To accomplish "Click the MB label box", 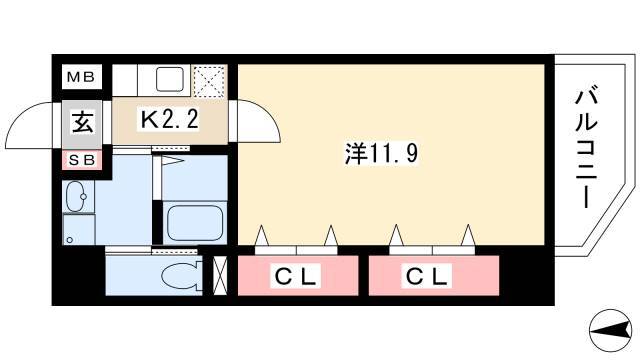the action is [x=81, y=77].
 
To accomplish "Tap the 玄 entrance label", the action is [x=82, y=122].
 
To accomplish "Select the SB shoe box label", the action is [x=82, y=160].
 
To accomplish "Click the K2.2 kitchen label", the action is [x=169, y=120].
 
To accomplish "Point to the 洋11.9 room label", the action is [x=382, y=154].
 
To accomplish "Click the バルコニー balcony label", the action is [x=586, y=149].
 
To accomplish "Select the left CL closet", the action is [x=298, y=276].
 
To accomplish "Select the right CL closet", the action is [x=434, y=276].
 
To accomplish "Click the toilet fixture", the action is [x=181, y=276].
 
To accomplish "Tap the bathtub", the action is [x=195, y=222].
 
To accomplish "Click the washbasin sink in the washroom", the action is [x=76, y=197].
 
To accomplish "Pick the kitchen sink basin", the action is [x=169, y=79].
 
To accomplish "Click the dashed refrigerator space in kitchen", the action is [x=209, y=81].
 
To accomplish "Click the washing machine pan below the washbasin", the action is [x=79, y=229].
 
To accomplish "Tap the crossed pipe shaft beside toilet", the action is [x=220, y=275].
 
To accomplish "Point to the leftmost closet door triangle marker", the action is [x=262, y=236].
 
